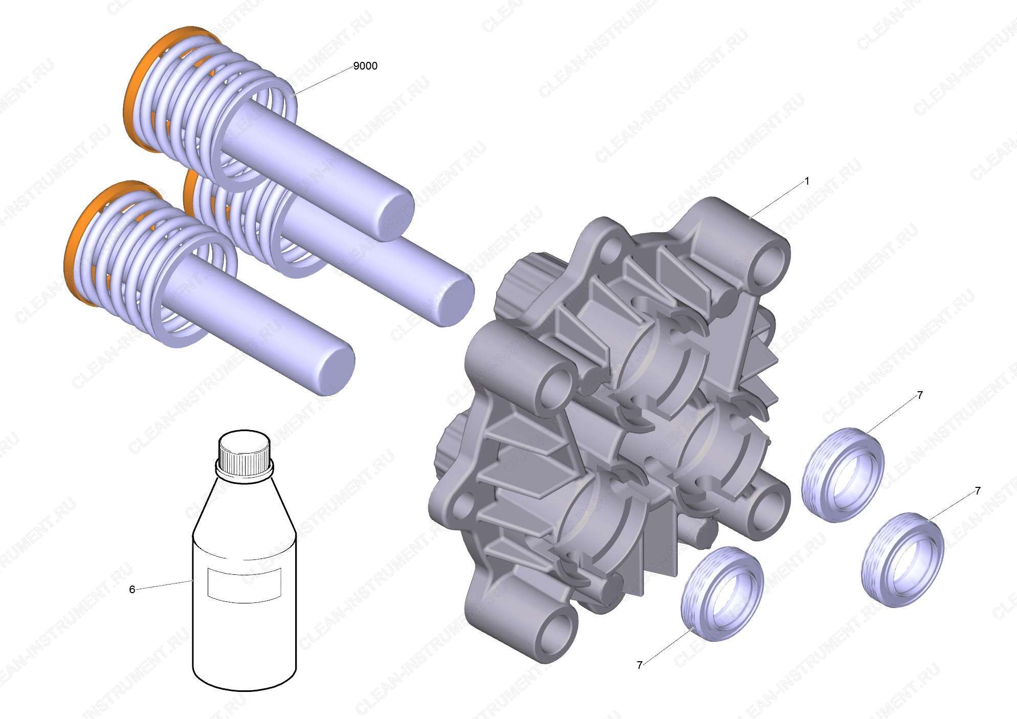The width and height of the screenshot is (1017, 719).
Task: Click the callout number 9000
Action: pos(365,66)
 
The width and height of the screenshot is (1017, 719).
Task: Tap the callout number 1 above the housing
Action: pos(807,182)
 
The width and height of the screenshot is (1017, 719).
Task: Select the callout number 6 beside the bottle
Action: pos(132,590)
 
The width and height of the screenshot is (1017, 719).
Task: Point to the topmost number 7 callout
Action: pos(920,395)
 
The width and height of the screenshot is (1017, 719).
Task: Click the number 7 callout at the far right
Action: pos(978,491)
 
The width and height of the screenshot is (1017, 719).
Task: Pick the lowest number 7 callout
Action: pos(639,665)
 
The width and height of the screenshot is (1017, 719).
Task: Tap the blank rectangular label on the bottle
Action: pos(245,583)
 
